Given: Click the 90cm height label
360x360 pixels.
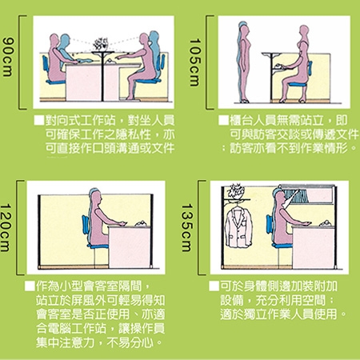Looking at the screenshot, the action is click(x=7, y=57).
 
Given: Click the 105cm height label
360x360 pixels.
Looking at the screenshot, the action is click(x=194, y=62).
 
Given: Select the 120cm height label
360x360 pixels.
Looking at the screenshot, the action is click(x=6, y=227).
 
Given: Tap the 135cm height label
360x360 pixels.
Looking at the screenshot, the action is click(x=186, y=227).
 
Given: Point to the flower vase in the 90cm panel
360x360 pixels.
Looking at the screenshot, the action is click(x=100, y=44).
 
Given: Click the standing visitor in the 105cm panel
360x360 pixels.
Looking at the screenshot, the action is click(x=244, y=62).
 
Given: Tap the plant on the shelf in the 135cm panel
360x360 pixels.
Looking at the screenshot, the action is click(x=235, y=191).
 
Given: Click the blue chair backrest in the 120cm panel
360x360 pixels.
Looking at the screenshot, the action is click(x=86, y=225).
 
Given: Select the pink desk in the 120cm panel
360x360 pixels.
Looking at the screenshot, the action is click(x=130, y=246).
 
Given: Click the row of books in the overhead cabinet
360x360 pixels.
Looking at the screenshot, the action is click(x=296, y=196).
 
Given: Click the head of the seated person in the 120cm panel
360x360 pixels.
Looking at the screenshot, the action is click(x=95, y=196).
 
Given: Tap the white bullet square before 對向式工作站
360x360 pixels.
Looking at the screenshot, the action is click(x=39, y=120).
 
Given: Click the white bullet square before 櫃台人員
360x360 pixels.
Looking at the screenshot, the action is click(x=224, y=120).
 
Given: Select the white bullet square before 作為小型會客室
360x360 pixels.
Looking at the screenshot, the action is click(x=30, y=286).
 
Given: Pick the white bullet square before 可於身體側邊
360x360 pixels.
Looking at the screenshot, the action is click(x=214, y=286).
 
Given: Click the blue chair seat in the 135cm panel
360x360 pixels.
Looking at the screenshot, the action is click(x=282, y=245).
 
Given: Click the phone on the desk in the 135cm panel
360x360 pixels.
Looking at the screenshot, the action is click(x=326, y=223).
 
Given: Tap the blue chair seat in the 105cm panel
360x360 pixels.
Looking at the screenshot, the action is click(x=298, y=85).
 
